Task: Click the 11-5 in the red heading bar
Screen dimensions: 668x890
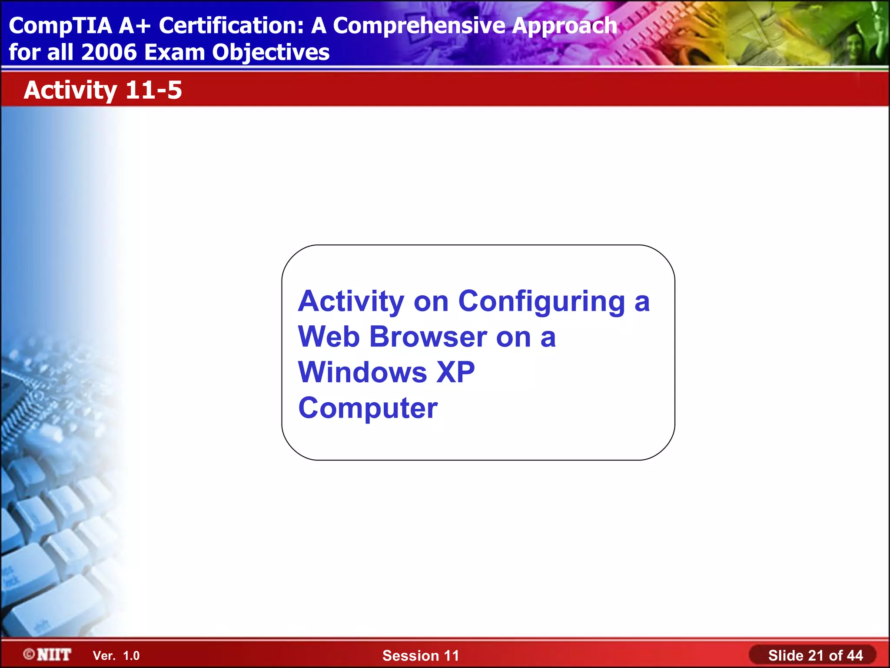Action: [x=153, y=90]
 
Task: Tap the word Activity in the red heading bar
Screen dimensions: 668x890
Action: [x=70, y=91]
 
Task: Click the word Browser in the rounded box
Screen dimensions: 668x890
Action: [x=428, y=337]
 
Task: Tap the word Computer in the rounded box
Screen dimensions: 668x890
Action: [x=368, y=409]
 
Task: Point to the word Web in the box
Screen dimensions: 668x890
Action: [x=329, y=337]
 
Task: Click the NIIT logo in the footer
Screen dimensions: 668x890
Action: [x=54, y=655]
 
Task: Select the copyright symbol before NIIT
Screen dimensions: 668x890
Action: [x=29, y=654]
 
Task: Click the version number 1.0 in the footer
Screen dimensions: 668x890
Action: [x=131, y=656]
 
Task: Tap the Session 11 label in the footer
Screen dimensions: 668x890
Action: [x=420, y=655]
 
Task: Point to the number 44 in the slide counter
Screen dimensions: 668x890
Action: [x=854, y=655]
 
